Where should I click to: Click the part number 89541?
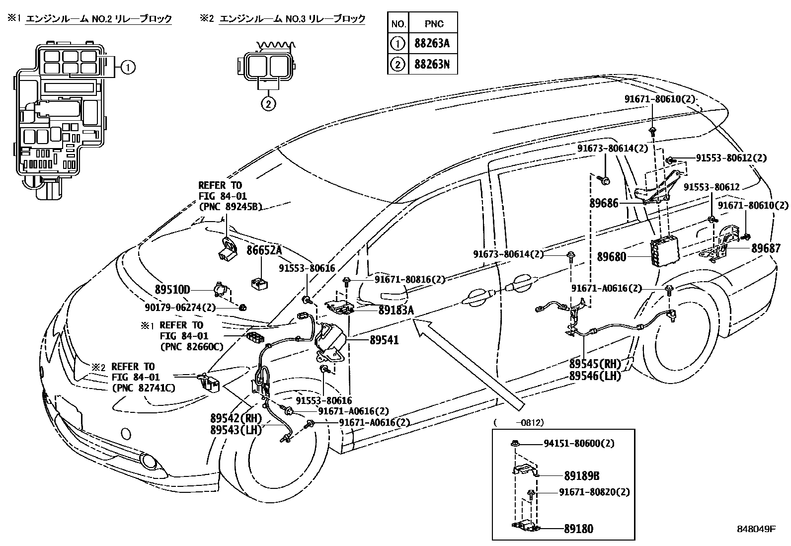point(384,340)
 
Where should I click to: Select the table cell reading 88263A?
point(432,44)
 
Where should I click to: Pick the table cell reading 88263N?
point(432,65)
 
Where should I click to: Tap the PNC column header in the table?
point(434,23)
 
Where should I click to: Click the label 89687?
point(766,248)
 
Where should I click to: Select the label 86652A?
point(264,250)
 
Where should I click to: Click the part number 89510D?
point(172,290)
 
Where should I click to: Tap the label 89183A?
point(396,311)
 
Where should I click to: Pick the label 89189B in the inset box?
point(581,476)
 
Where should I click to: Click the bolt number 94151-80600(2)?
point(579,443)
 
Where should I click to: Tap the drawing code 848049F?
point(756,529)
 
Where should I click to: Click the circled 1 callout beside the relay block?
point(128,67)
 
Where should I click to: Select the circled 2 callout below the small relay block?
point(268,104)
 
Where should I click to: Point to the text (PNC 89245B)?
point(230,206)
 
